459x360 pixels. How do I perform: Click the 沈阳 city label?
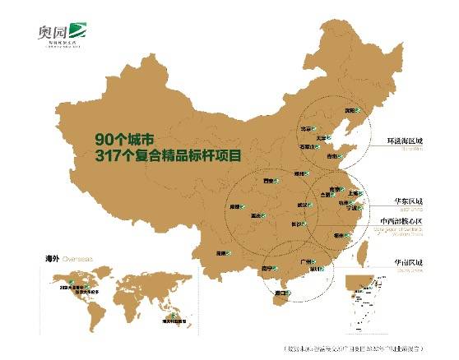pyautogui.click(x=350, y=108)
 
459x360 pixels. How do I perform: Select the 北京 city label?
pyautogui.click(x=307, y=128)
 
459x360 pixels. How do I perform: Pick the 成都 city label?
pyautogui.click(x=235, y=207)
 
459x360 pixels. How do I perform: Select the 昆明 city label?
pyautogui.click(x=220, y=253)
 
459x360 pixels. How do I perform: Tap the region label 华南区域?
pyautogui.click(x=411, y=262)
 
